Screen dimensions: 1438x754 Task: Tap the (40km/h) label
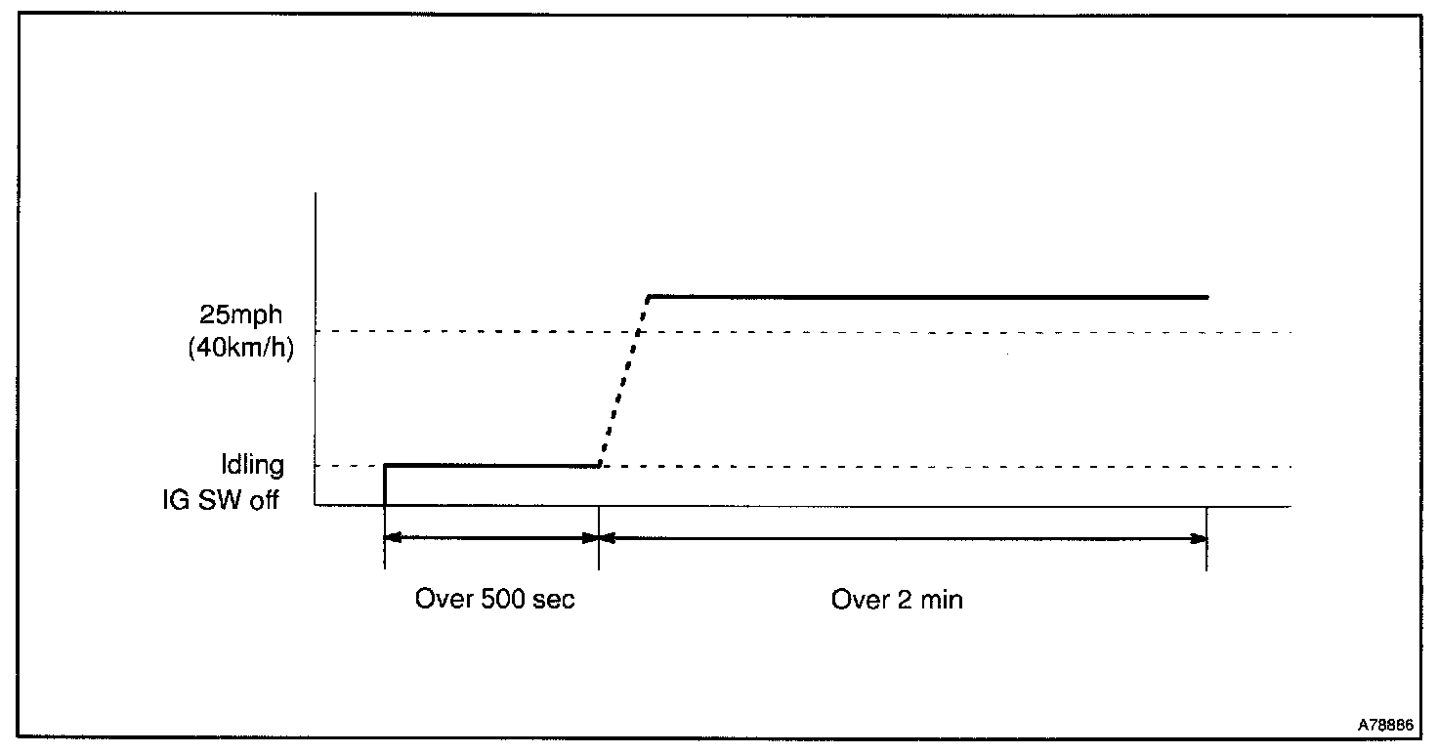point(240,348)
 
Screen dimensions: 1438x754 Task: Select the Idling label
point(253,466)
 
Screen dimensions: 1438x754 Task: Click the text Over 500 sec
point(494,599)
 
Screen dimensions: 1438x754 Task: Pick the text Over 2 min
point(897,599)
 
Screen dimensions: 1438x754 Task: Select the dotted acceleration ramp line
point(623,381)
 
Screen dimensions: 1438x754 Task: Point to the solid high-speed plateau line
point(928,296)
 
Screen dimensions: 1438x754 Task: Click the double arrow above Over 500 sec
point(491,537)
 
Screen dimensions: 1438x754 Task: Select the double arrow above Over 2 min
point(903,537)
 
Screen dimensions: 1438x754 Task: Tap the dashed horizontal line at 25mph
point(977,332)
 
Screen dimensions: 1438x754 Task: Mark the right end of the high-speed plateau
point(1206,296)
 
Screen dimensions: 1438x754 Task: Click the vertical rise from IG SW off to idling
point(385,485)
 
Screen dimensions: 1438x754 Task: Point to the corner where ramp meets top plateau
point(649,296)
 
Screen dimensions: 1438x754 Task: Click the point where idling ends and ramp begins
point(599,466)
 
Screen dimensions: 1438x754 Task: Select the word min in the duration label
point(942,599)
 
